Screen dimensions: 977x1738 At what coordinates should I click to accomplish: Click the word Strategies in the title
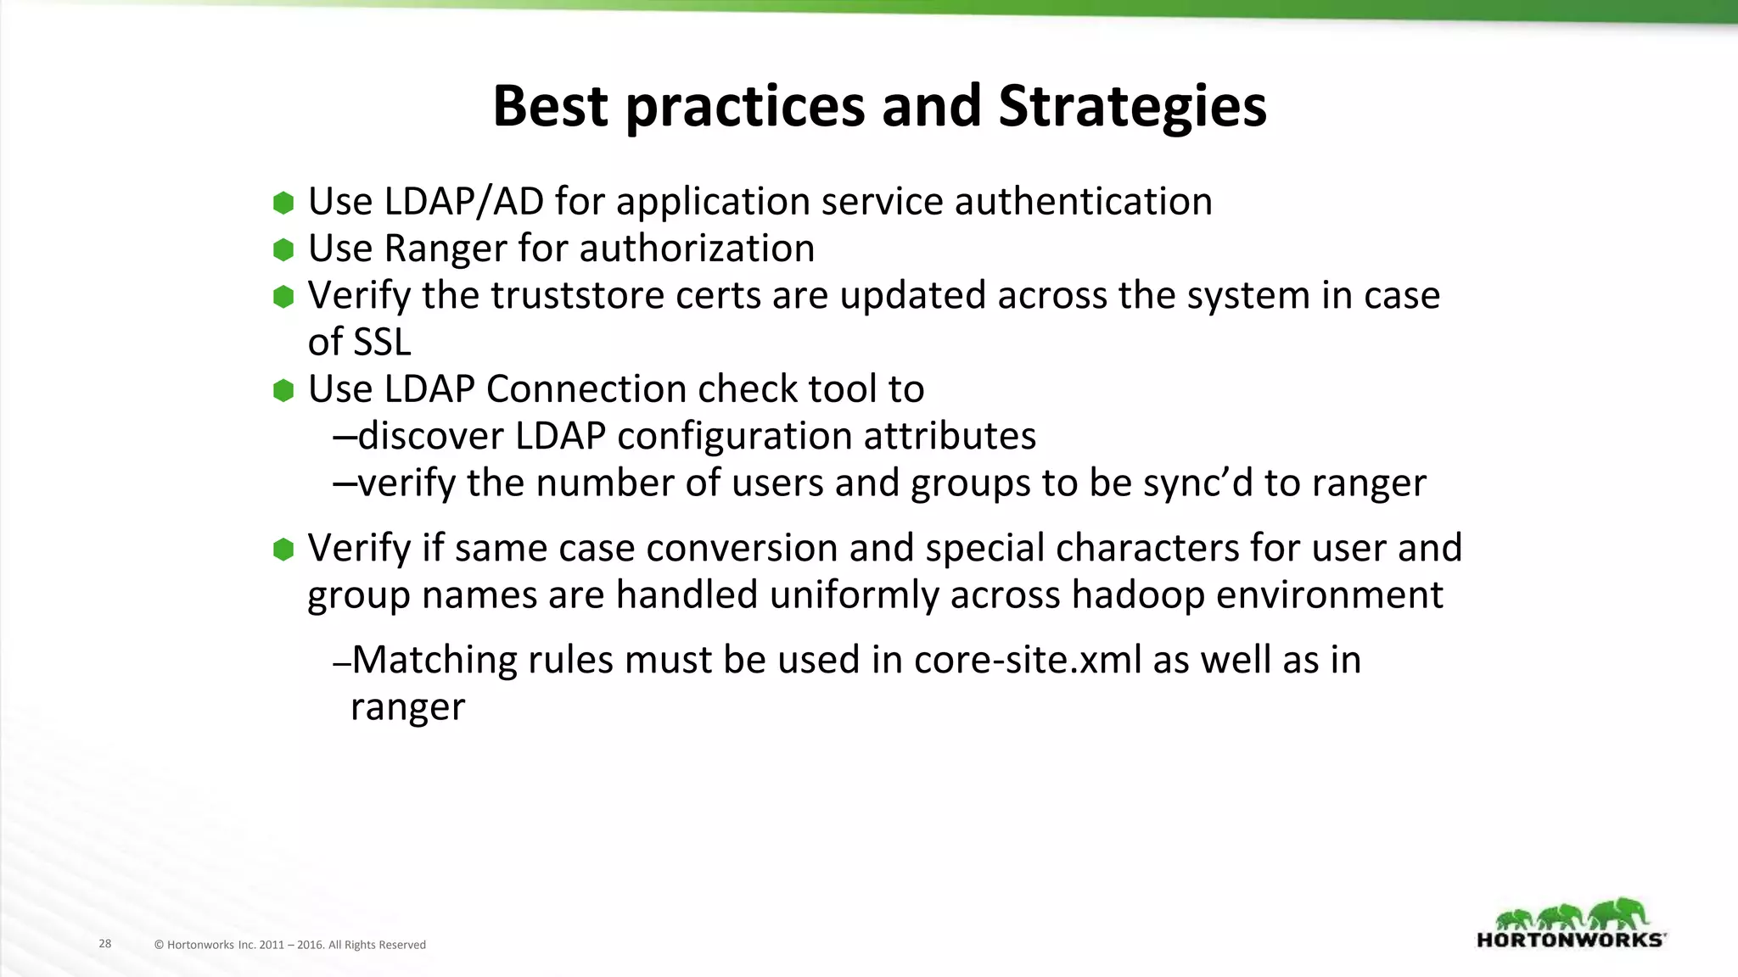(1132, 107)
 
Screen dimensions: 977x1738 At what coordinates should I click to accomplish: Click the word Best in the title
(550, 107)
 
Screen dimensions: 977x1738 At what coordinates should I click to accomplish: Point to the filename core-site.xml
(1028, 660)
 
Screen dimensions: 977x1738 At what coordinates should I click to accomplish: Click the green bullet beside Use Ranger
(283, 249)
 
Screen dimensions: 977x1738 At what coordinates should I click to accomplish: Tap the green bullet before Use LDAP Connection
(283, 390)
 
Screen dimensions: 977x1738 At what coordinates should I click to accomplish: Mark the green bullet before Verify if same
(283, 549)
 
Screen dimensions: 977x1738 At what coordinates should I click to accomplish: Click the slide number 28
(105, 943)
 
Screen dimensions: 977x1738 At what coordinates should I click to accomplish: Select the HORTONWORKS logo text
(1571, 940)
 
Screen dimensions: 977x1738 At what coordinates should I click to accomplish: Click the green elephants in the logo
(1571, 915)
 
